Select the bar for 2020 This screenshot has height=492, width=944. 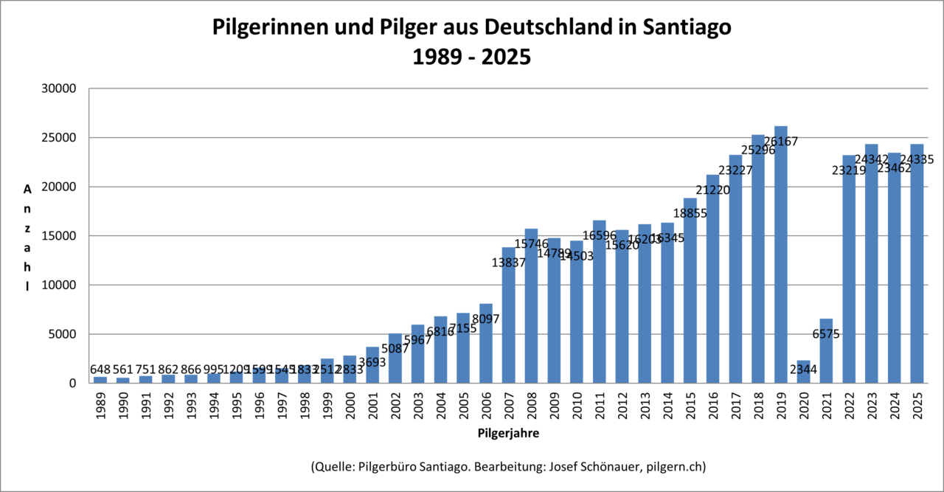803,372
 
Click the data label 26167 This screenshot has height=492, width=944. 780,141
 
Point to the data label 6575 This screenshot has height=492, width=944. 826,333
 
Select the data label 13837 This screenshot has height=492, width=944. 508,262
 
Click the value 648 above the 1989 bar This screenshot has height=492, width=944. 100,369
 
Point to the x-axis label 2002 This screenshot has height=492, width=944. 395,406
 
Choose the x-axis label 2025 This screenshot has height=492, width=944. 917,406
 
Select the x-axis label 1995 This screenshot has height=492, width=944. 236,406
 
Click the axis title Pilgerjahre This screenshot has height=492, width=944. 508,434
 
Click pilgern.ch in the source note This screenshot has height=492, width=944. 674,467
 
